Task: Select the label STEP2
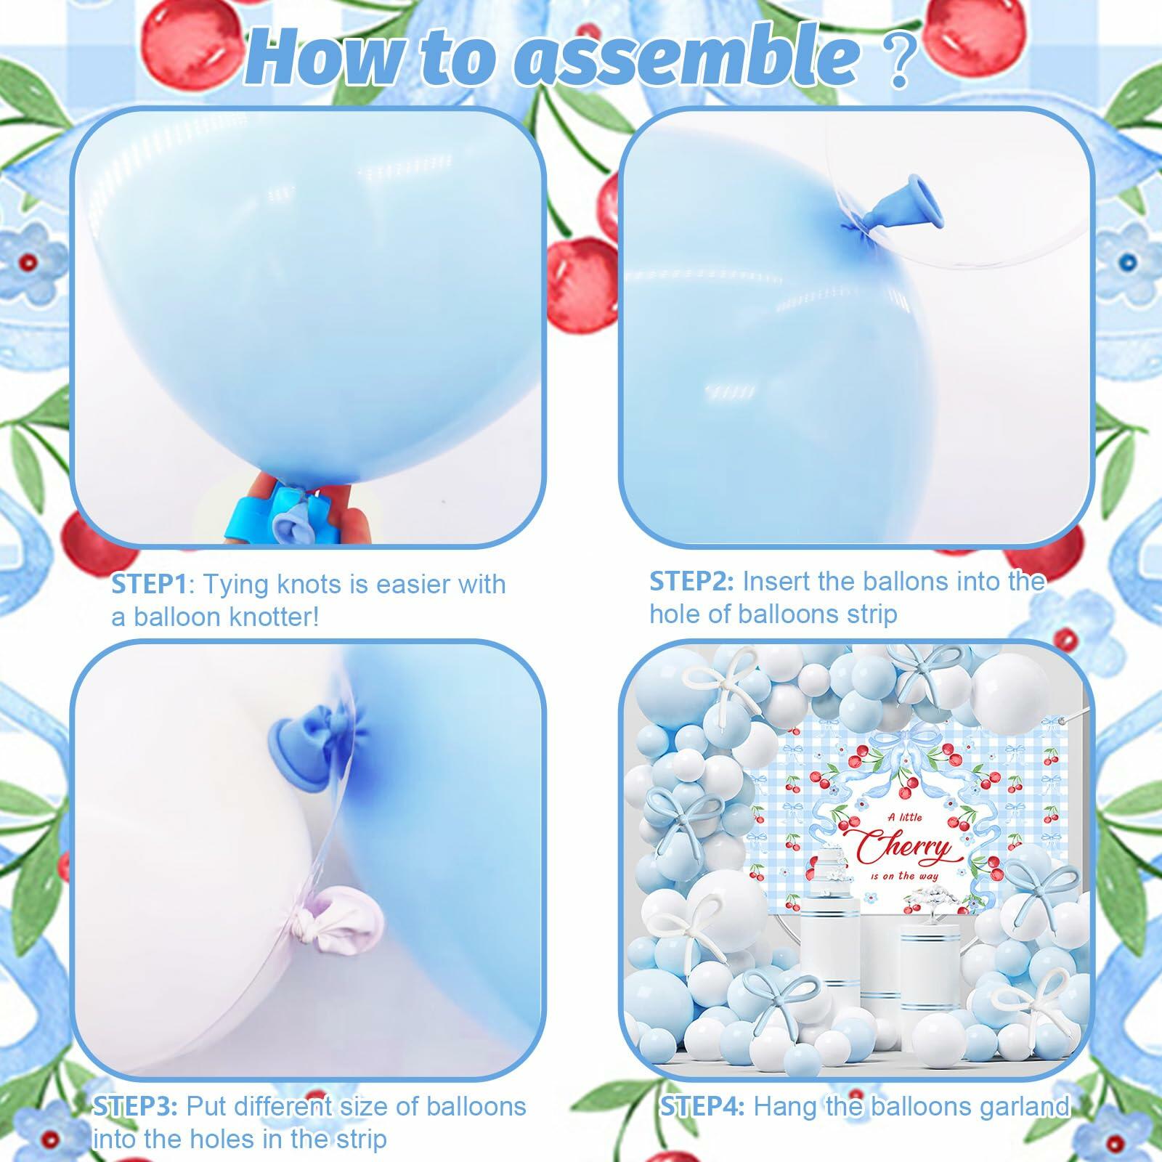tap(691, 581)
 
